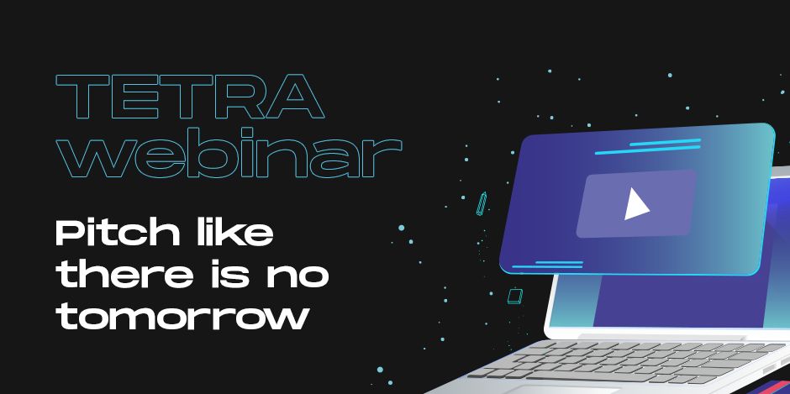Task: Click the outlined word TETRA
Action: click(x=190, y=97)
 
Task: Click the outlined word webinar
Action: click(x=229, y=151)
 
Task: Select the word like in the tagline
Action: click(x=235, y=233)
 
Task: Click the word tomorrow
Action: click(x=182, y=317)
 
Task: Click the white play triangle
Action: click(x=636, y=204)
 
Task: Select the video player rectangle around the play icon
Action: click(x=637, y=203)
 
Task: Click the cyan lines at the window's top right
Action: click(x=648, y=146)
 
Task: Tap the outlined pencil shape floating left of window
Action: click(x=482, y=203)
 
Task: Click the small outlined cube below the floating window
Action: click(x=514, y=297)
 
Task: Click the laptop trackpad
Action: click(x=564, y=390)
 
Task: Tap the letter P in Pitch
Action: click(x=70, y=234)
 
